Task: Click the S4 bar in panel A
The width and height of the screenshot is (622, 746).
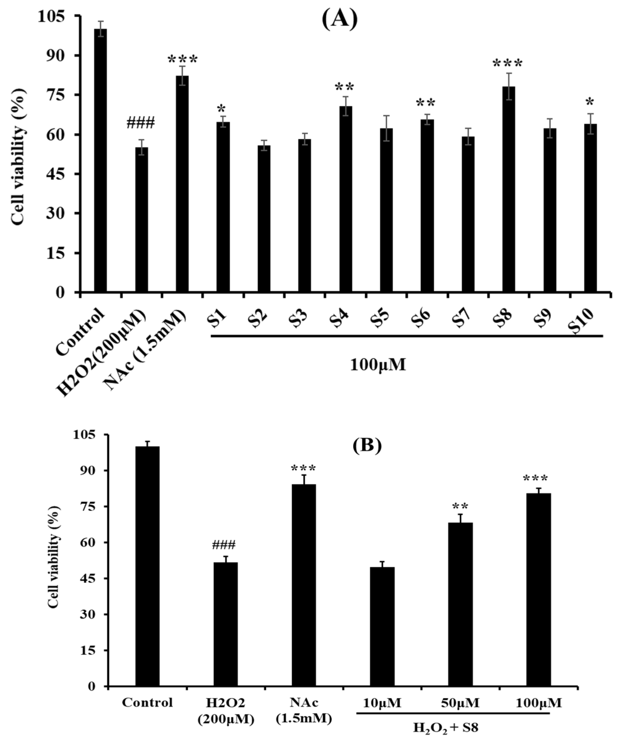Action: [346, 199]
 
